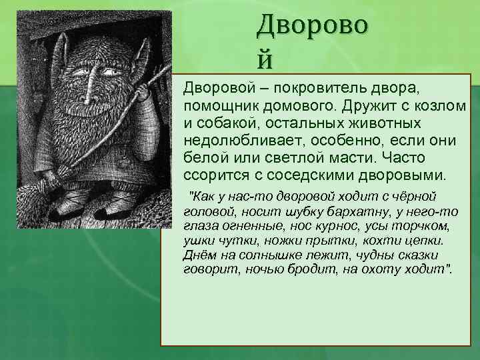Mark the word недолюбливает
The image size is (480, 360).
point(237,141)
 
